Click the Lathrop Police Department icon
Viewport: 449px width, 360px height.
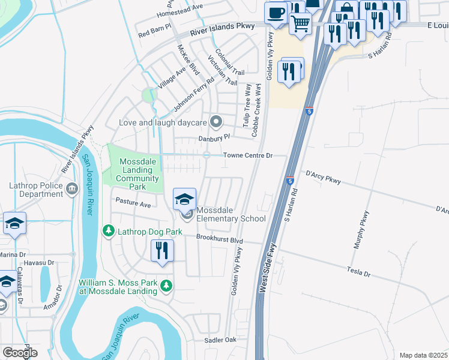73,189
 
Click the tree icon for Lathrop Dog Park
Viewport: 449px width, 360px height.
108,231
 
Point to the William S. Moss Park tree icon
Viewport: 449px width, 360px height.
166,286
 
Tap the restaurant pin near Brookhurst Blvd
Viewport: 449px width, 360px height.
161,250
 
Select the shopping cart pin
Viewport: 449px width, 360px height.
300,23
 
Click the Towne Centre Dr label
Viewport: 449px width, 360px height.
248,155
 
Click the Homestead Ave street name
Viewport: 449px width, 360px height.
180,13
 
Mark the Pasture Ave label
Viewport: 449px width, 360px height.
133,205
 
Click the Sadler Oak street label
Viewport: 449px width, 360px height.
222,340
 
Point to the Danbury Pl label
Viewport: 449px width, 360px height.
214,138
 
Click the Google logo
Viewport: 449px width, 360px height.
20,353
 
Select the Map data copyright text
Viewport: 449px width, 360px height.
424,355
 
